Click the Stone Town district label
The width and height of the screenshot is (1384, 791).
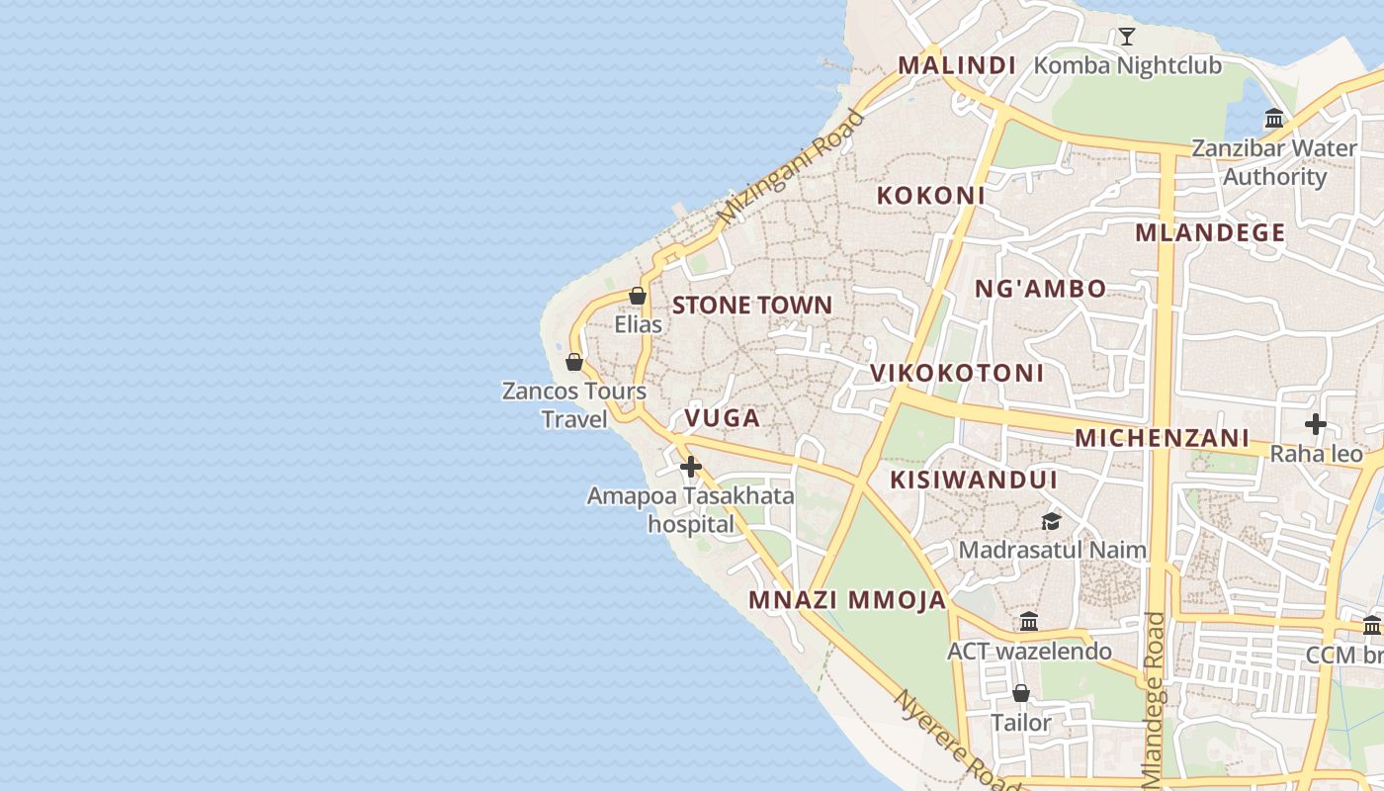pos(752,305)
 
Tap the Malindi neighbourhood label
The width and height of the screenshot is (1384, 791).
pos(957,65)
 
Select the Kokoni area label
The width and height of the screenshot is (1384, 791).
pos(931,195)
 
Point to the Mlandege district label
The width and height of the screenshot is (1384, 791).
pos(1210,233)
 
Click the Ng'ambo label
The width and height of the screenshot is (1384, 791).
pos(1041,289)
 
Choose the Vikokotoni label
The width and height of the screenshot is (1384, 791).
pos(957,373)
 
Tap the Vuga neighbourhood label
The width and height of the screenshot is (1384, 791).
pos(723,417)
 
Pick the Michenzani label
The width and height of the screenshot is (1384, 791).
pos(1163,437)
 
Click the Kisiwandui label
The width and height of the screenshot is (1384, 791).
pos(975,480)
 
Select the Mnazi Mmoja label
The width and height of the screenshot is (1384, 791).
pos(847,600)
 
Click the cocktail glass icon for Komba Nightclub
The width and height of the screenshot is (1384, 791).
pos(1126,37)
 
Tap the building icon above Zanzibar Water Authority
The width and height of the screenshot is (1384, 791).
pos(1274,119)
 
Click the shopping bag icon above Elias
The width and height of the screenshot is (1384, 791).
pos(638,296)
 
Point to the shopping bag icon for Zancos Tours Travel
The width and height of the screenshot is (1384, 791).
pos(574,362)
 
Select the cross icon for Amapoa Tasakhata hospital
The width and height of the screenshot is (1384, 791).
pos(691,467)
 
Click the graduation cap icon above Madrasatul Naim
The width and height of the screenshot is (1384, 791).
pos(1051,521)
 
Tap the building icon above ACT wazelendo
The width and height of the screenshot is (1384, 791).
pos(1029,622)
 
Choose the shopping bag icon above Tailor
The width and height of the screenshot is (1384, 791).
pos(1021,693)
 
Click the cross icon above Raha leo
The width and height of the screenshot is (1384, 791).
pos(1315,424)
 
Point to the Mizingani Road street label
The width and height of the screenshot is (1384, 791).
pos(791,166)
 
